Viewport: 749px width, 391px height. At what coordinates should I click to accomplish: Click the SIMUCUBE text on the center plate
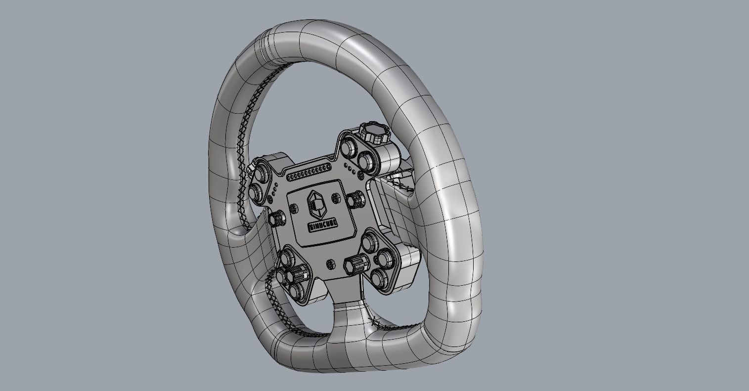click(x=323, y=225)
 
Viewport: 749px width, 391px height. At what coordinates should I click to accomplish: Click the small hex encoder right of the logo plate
click(x=355, y=200)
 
